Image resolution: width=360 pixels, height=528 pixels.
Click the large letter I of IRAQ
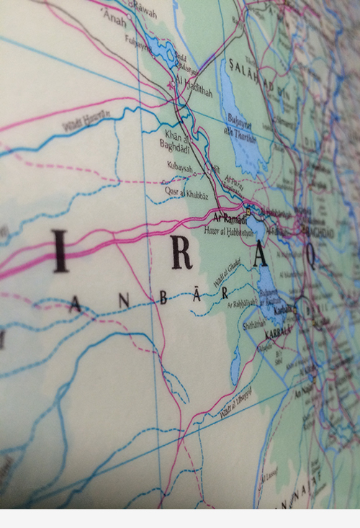click(x=60, y=251)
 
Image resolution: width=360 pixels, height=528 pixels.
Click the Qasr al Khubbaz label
click(x=184, y=193)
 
